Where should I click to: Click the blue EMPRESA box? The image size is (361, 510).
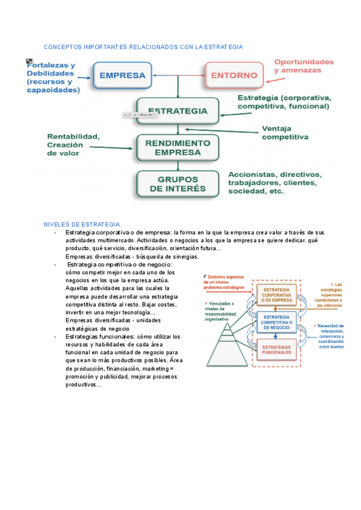click(x=122, y=76)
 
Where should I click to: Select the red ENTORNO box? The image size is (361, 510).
click(x=234, y=76)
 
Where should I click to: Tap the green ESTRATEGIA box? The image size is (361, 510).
click(x=177, y=111)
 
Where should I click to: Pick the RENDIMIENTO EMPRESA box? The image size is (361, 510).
click(x=177, y=148)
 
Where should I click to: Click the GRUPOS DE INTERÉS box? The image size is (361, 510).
click(x=177, y=183)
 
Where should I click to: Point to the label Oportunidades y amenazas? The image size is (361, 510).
click(x=303, y=66)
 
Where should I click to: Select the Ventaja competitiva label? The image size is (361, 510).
click(x=285, y=132)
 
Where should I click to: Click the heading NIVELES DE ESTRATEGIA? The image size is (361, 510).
click(x=82, y=224)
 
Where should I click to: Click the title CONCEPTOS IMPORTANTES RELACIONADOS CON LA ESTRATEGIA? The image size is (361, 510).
click(x=143, y=47)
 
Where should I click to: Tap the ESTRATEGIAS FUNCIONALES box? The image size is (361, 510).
click(x=276, y=349)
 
